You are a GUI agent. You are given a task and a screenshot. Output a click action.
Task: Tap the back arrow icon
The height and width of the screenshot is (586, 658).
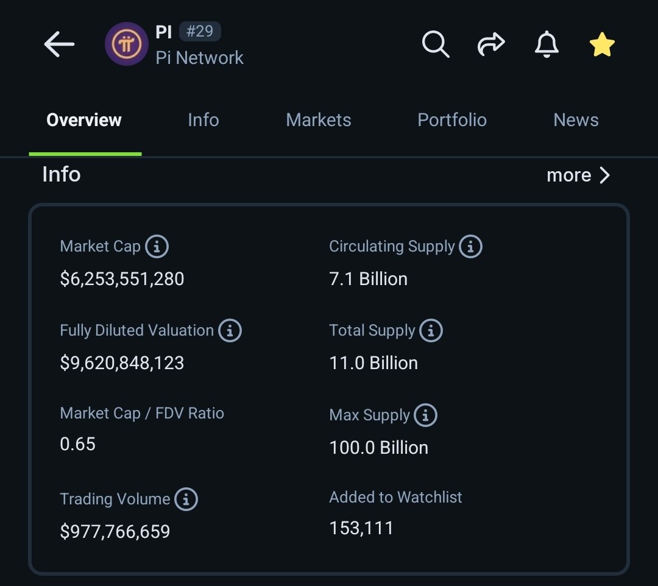tap(59, 44)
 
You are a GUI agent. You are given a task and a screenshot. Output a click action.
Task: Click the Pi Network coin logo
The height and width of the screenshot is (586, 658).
tap(126, 44)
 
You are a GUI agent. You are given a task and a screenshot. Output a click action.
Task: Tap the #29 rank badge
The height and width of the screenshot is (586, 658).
tap(199, 31)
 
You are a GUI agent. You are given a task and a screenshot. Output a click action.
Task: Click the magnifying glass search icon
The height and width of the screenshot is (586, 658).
tap(436, 44)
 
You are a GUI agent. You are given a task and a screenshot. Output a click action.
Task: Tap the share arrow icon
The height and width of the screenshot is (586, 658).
tap(491, 44)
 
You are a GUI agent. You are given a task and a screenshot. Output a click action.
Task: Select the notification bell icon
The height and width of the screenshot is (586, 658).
tap(546, 44)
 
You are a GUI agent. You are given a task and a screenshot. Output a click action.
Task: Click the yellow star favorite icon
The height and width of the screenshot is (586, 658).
tap(602, 45)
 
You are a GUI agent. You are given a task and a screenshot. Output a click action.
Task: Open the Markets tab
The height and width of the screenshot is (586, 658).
tap(319, 120)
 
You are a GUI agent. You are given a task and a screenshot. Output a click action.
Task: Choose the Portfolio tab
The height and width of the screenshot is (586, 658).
tap(452, 120)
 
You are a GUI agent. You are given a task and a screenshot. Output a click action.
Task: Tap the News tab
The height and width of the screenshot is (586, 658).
tap(576, 120)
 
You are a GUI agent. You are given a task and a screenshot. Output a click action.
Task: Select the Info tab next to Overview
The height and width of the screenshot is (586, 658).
tap(203, 120)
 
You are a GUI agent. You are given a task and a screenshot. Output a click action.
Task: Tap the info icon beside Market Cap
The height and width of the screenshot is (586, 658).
tap(157, 247)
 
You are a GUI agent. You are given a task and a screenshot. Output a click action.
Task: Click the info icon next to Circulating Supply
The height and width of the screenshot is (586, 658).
tap(470, 247)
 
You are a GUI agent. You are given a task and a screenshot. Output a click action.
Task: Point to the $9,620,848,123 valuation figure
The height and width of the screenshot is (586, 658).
tap(122, 363)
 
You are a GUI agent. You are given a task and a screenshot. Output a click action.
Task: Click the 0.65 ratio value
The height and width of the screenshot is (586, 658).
tap(78, 443)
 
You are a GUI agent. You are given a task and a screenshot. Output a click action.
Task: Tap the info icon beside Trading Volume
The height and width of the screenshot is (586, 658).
tap(186, 500)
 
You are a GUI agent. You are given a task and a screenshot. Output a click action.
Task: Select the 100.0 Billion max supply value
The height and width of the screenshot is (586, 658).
tap(378, 448)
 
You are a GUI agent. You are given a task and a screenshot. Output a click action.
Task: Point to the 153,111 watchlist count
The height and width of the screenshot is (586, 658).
tap(361, 528)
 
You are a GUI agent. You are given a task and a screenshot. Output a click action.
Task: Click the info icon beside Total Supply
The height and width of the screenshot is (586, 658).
tap(431, 331)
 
